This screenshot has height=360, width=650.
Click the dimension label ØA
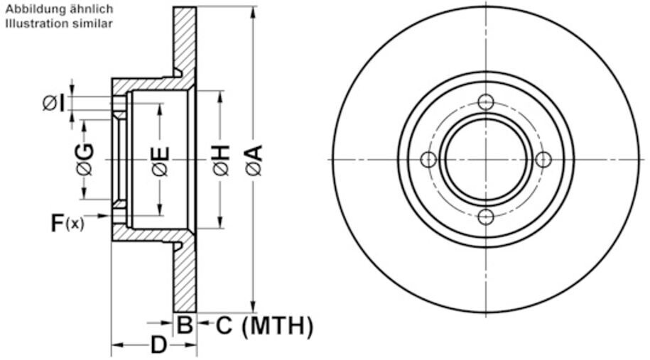(x=254, y=159)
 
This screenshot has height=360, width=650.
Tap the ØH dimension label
(x=221, y=159)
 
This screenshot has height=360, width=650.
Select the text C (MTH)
(x=264, y=326)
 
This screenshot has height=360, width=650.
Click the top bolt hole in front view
(x=486, y=102)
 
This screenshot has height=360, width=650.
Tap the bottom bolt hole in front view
(x=486, y=217)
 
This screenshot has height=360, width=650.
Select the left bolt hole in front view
(x=428, y=159)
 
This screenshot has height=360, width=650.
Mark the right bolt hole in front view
(x=543, y=159)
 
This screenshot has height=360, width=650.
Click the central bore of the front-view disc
(x=486, y=159)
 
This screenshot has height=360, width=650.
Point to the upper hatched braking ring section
(x=185, y=39)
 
